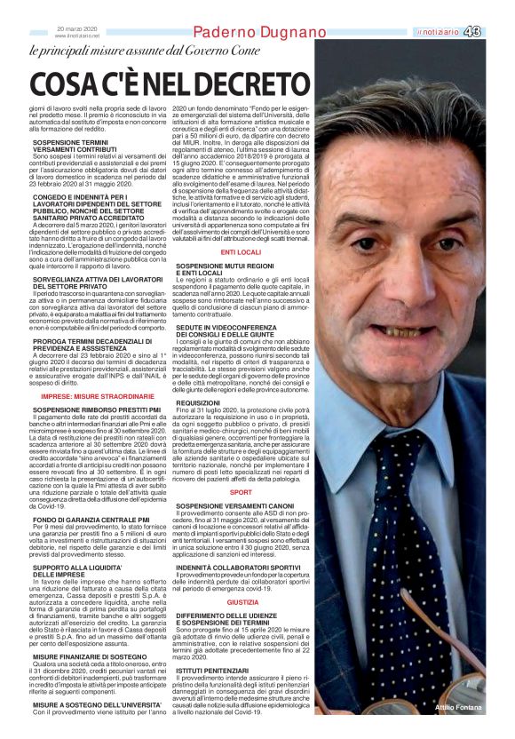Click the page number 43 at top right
click(497, 32)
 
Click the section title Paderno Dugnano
click(259, 32)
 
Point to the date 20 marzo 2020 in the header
click(77, 28)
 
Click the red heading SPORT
click(241, 491)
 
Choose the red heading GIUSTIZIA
click(242, 601)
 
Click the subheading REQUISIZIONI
click(198, 402)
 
